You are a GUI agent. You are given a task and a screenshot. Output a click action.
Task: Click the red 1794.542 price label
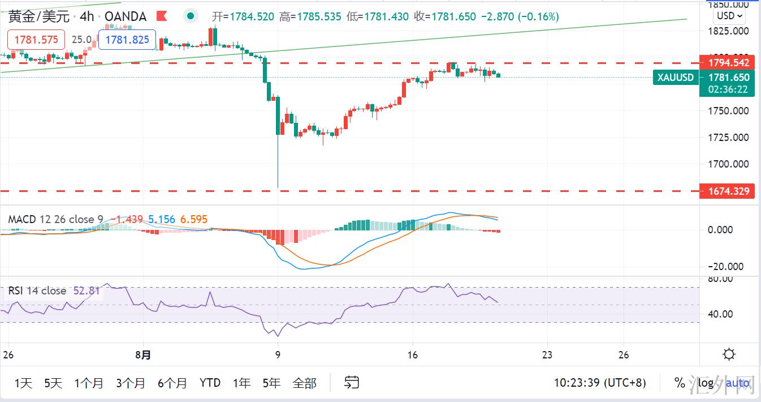coord(727,62)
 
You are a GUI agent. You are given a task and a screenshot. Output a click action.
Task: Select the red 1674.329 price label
coord(727,191)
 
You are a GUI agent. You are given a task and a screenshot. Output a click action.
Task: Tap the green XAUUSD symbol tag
coord(676,78)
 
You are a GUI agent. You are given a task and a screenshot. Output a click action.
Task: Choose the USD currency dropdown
coord(729,16)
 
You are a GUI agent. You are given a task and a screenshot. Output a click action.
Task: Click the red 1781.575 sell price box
coord(36,40)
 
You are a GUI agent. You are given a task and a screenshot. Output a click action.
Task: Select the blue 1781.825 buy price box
coord(127,40)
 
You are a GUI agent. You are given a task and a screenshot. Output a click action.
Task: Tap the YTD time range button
coord(210,383)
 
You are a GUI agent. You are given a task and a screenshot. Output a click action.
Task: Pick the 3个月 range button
coord(131,383)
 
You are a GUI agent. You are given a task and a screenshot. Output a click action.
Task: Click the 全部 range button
coord(304,383)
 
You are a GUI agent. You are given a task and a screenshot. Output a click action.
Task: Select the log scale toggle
coord(706,383)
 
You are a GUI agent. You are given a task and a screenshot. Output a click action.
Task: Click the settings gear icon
coord(729,355)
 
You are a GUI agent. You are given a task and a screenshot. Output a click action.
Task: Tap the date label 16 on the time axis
coord(413,355)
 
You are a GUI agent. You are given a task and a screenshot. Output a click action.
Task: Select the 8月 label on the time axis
coord(144,355)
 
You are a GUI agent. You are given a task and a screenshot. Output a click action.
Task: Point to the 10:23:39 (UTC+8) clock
coord(599,383)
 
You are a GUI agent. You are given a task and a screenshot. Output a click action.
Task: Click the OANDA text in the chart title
coord(126,16)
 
